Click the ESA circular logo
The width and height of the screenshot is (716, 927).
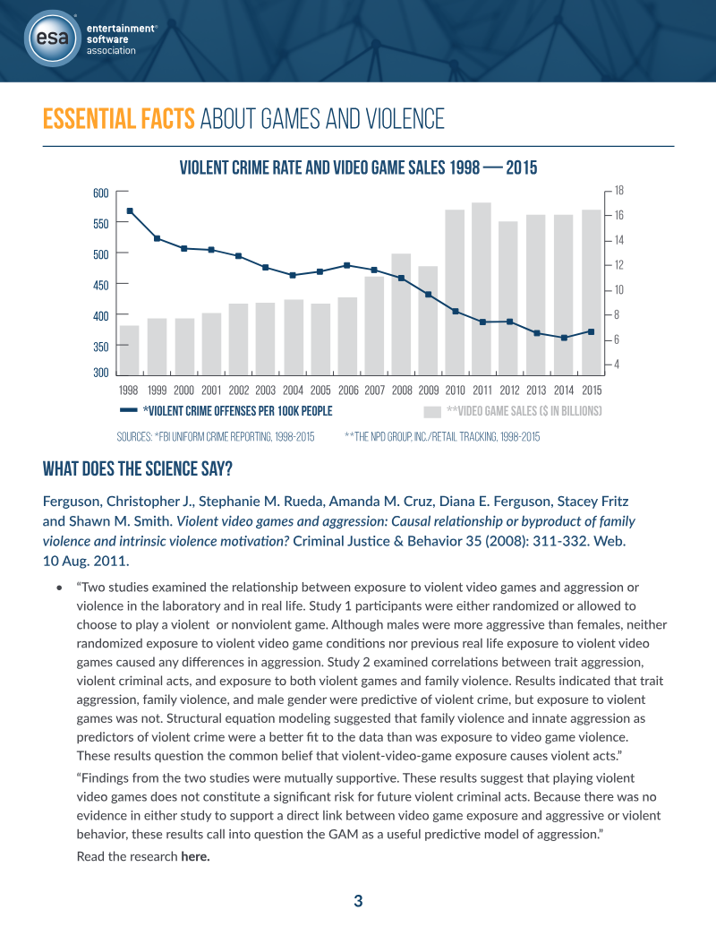point(53,39)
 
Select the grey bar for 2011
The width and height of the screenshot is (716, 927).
point(482,288)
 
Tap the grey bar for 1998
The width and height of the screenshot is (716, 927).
point(130,350)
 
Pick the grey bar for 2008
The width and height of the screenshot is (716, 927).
point(401,314)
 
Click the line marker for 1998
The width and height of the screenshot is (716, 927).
point(130,210)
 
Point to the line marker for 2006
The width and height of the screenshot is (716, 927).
point(347,265)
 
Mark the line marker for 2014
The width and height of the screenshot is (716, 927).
point(564,338)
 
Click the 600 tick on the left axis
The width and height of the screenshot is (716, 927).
point(101,193)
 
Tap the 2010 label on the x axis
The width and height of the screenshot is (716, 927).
point(455,391)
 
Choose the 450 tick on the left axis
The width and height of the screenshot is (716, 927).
point(101,285)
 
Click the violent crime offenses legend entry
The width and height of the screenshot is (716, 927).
point(226,411)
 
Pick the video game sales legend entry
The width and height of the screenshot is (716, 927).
point(513,411)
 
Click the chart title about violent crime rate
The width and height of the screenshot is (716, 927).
point(359,167)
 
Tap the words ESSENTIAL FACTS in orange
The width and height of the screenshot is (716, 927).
point(119,119)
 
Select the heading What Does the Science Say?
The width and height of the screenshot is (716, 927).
point(138,468)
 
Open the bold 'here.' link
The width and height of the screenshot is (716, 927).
point(195,856)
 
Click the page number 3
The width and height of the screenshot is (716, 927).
point(358,901)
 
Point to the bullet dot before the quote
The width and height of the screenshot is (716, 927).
point(59,588)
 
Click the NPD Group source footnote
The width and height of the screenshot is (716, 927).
point(442,437)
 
